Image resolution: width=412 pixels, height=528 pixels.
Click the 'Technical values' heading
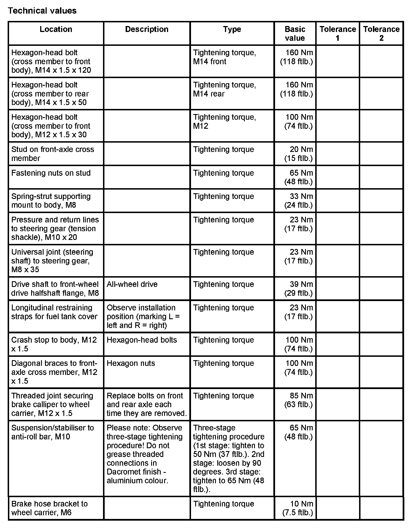point(42,11)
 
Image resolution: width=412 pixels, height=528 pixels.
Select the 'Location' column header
point(56,29)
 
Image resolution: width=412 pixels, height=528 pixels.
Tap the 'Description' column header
point(147,29)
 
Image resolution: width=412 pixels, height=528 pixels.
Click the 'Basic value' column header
point(295,33)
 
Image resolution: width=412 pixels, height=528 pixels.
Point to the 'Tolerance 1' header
point(338,33)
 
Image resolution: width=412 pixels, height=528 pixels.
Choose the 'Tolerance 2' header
point(381,33)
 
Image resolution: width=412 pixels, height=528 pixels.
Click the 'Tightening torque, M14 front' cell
point(224,57)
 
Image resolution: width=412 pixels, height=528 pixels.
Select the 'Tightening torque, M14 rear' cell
point(224,89)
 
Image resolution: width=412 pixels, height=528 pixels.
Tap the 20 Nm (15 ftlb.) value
point(299,154)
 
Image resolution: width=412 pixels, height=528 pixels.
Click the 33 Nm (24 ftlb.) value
point(299,201)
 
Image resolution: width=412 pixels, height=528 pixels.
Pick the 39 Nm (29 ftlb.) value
point(299,289)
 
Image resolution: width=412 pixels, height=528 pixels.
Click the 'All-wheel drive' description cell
point(132,284)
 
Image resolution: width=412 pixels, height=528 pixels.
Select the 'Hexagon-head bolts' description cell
point(142,340)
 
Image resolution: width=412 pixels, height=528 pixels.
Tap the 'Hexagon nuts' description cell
point(131,363)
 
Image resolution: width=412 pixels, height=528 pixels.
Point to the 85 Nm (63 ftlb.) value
point(299,400)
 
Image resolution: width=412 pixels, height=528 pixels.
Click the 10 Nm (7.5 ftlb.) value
point(298,508)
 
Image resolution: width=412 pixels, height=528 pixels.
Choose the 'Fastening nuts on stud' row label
point(51,173)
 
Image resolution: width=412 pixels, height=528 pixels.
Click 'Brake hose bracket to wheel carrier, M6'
point(50,508)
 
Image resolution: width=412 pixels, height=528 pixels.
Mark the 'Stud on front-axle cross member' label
point(53,154)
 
